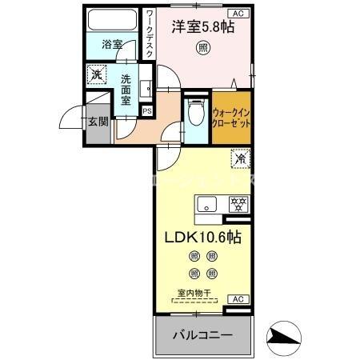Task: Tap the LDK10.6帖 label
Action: pyautogui.click(x=203, y=237)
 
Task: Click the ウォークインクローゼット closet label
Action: pyautogui.click(x=233, y=118)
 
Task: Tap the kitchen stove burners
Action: pyautogui.click(x=238, y=203)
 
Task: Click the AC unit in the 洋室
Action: pyautogui.click(x=238, y=14)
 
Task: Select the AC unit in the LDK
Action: pyautogui.click(x=237, y=298)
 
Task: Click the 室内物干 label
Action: pyautogui.click(x=195, y=294)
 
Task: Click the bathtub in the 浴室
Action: pyautogui.click(x=113, y=20)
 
